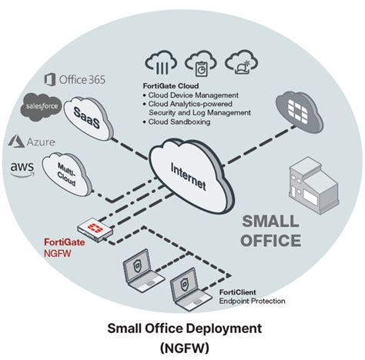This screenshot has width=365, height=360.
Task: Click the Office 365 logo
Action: point(77,79)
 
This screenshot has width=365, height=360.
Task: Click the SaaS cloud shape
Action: point(86,115)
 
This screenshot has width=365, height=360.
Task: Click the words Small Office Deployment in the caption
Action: point(182,328)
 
